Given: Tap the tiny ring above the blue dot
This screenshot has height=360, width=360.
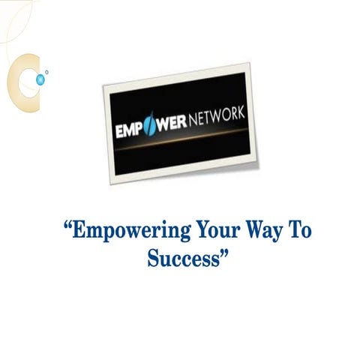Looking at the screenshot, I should coord(46,73).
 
